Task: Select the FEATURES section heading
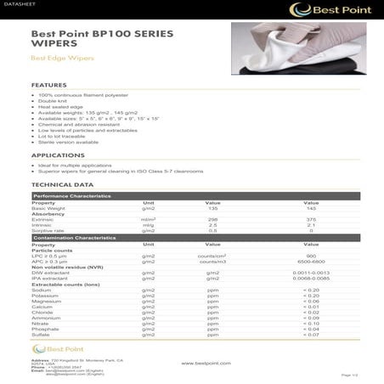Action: point(49,86)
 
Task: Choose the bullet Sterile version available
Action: point(69,142)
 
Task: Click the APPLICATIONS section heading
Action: point(58,155)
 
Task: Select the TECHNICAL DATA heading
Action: point(62,184)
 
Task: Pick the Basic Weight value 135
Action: point(213,208)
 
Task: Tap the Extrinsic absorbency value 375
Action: point(311,219)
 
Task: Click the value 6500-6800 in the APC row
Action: point(311,261)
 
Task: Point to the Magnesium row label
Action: point(48,301)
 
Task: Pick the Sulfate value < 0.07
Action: point(311,335)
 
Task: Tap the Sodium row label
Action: point(42,290)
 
